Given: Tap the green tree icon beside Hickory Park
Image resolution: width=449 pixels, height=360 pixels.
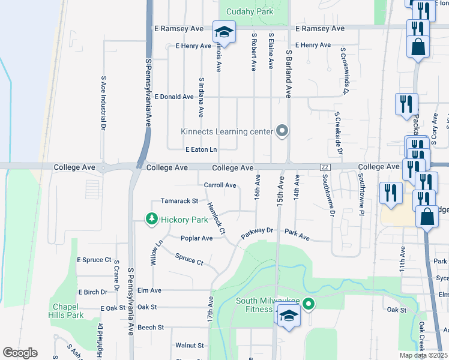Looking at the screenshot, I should click(152, 220).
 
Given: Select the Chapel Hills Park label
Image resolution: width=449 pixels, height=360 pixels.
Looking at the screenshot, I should click(67, 311).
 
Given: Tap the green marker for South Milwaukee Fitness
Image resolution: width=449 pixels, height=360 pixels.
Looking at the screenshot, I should click(309, 305).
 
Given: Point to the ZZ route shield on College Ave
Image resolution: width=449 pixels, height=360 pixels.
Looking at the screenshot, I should click(325, 167).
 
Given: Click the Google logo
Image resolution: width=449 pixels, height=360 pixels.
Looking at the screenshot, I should click(19, 353).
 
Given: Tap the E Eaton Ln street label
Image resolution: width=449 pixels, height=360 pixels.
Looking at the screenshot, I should click(201, 149).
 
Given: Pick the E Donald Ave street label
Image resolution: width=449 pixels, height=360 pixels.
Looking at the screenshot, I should click(174, 97).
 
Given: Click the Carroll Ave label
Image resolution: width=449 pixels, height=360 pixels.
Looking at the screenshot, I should click(220, 185).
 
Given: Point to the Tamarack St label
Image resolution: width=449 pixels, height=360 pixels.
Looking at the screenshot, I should click(179, 201).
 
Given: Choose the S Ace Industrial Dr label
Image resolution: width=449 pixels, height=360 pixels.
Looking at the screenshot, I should click(103, 103).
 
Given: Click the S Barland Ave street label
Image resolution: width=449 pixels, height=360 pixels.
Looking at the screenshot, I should click(288, 73).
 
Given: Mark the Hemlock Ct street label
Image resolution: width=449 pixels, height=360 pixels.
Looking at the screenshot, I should click(216, 217).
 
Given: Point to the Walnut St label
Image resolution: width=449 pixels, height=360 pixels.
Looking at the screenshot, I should click(190, 346).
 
